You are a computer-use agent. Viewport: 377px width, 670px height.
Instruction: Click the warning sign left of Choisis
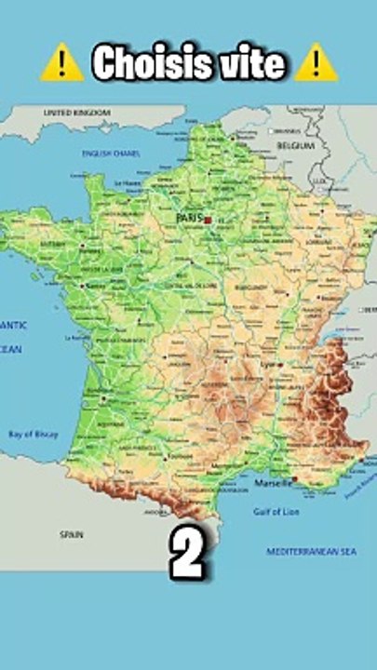click(62, 63)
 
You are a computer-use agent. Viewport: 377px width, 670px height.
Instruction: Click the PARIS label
click(189, 218)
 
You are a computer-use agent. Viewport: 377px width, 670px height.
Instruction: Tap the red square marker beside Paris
click(208, 220)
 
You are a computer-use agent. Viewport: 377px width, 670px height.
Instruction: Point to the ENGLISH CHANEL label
click(110, 153)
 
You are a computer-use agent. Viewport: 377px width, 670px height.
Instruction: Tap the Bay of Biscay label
click(33, 434)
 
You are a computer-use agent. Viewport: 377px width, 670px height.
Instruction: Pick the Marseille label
click(274, 482)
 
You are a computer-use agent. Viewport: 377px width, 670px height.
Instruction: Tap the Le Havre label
click(128, 183)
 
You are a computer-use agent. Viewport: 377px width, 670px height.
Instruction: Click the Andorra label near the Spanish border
click(155, 511)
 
